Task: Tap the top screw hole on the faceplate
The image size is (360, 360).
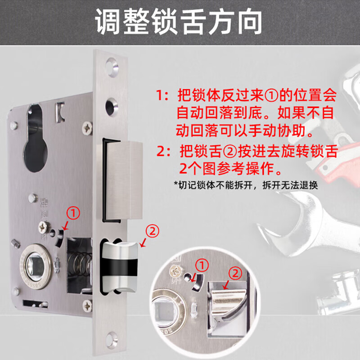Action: tap(112, 67)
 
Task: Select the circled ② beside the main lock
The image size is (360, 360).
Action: tap(152, 231)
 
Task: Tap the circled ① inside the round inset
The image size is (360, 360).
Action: tap(202, 265)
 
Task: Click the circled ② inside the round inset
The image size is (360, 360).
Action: tap(236, 273)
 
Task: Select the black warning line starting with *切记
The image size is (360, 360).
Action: tap(246, 185)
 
